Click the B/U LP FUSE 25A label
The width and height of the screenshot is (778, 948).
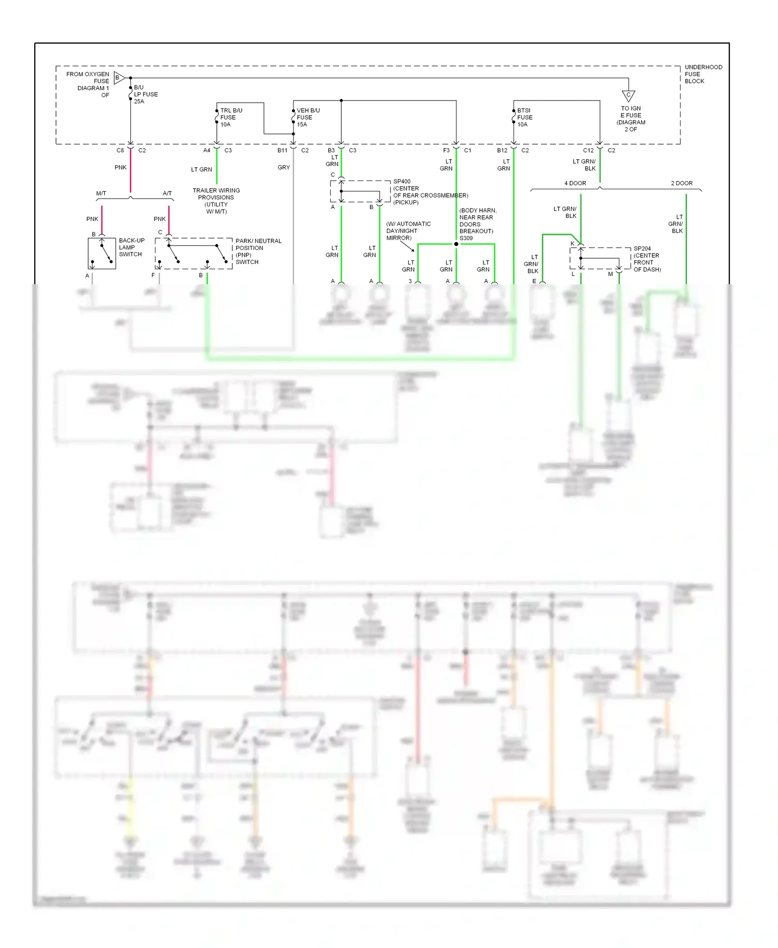click(x=145, y=94)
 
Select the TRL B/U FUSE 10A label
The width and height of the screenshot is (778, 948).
click(x=230, y=117)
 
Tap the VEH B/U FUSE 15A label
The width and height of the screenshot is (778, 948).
click(x=308, y=117)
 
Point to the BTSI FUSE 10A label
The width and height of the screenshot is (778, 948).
click(x=524, y=117)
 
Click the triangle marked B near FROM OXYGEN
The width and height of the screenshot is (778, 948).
click(x=119, y=78)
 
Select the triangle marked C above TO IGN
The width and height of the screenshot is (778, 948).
click(x=628, y=95)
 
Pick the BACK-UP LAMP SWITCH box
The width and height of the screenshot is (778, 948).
click(x=102, y=253)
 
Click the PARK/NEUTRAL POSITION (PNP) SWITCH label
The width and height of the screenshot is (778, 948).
click(x=258, y=252)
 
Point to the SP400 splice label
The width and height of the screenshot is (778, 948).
click(x=402, y=182)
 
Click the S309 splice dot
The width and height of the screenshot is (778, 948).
click(x=456, y=244)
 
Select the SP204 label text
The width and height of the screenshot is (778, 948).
click(x=642, y=248)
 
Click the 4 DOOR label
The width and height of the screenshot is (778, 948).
click(x=575, y=183)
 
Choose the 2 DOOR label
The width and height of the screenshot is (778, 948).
click(x=682, y=183)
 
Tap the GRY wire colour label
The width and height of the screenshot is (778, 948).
click(x=284, y=168)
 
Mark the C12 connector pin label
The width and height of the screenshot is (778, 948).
click(x=588, y=150)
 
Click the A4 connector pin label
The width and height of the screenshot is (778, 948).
click(x=206, y=150)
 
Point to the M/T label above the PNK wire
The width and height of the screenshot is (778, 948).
click(x=101, y=193)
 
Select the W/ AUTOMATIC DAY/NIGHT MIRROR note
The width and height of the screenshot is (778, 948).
click(x=408, y=231)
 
